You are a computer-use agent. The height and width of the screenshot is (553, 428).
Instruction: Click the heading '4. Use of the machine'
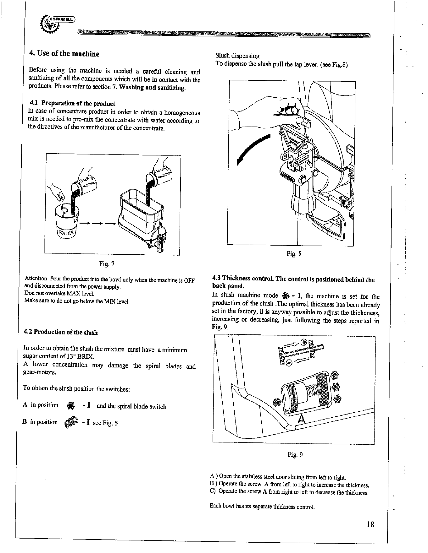[x=64, y=54]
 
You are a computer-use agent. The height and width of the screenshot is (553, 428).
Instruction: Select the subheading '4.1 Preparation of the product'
[x=72, y=103]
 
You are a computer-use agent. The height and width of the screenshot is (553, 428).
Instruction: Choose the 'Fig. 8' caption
[x=294, y=253]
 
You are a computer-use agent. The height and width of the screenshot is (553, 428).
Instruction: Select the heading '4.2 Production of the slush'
[x=61, y=332]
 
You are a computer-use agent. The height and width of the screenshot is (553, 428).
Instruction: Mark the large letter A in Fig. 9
[x=301, y=419]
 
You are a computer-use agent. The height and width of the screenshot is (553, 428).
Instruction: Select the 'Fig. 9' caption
[x=295, y=454]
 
